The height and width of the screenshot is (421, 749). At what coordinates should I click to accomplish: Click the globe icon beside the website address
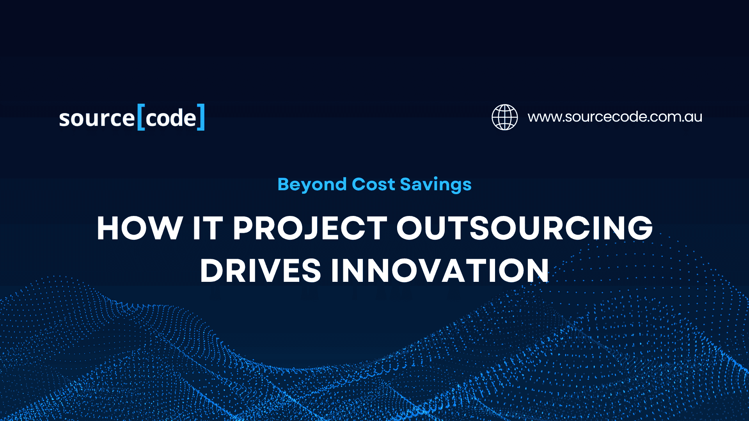pos(504,117)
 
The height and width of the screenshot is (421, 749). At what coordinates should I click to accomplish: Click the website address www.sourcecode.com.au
pos(615,117)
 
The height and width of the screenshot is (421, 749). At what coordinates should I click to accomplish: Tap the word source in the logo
pos(97,119)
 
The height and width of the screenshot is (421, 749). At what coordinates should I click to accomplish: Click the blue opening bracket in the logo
pos(141,117)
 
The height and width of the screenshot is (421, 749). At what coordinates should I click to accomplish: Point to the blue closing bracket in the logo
pos(201,117)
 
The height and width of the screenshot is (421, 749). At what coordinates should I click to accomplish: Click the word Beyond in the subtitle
pos(312,184)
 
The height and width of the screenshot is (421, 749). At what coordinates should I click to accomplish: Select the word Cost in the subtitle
pos(373,184)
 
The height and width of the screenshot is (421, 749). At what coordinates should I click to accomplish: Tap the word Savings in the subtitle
pos(435,184)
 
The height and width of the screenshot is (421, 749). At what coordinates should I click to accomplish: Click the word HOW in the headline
pos(140,228)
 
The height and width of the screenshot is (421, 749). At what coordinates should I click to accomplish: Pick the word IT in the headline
pos(208,228)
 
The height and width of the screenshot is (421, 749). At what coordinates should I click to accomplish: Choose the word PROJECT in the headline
pos(310,228)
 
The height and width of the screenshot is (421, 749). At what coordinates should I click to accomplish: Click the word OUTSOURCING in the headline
pos(524,228)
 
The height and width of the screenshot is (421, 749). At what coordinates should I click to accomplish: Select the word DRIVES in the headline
pos(260,271)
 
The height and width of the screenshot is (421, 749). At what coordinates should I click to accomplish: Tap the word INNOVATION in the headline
pos(440,271)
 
